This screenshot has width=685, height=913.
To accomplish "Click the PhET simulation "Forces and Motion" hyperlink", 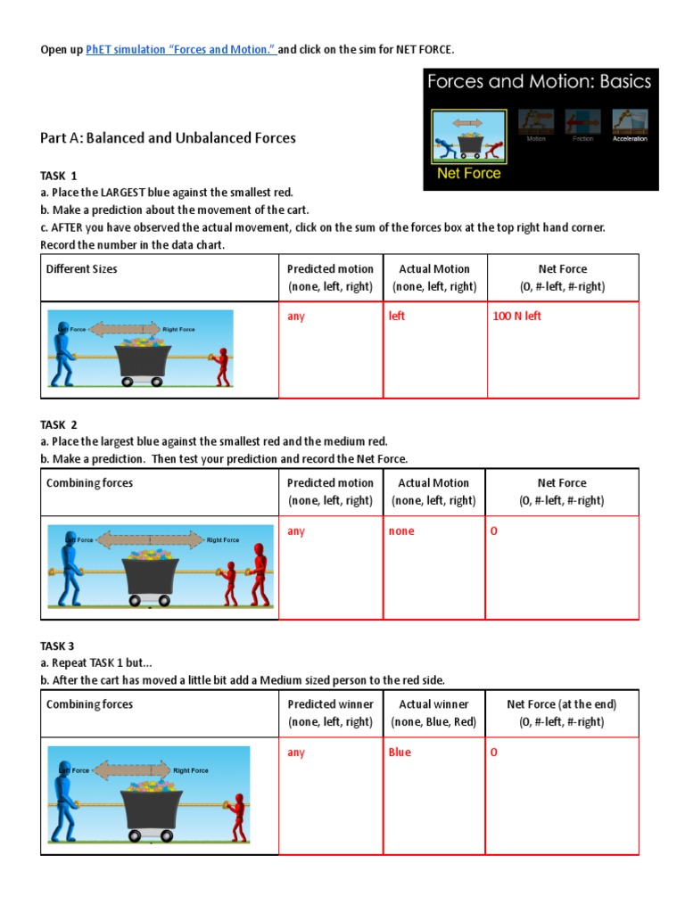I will pos(181,50).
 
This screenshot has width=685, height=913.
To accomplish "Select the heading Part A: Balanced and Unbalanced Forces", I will pos(168,137).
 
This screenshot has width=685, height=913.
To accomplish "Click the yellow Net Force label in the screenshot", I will pos(468,174).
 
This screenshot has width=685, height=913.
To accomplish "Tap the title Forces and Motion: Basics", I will pos(540,83).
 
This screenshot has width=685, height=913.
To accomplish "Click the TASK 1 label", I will pos(59,175).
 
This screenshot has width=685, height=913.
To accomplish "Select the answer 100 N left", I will pos(516,317).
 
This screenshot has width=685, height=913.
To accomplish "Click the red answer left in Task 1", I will pos(397,317).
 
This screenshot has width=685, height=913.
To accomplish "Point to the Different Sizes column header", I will pos(81,268).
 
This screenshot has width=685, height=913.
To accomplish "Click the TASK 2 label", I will pos(59,425).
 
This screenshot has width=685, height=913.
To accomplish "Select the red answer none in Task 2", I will pos(401,531).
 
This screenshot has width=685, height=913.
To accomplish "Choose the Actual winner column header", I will pos(433,704).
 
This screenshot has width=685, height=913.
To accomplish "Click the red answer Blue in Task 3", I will pos(400,753).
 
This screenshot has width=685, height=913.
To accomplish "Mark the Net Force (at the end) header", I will pos(561,704).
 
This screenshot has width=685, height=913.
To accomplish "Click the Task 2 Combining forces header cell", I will pos(89,483).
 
